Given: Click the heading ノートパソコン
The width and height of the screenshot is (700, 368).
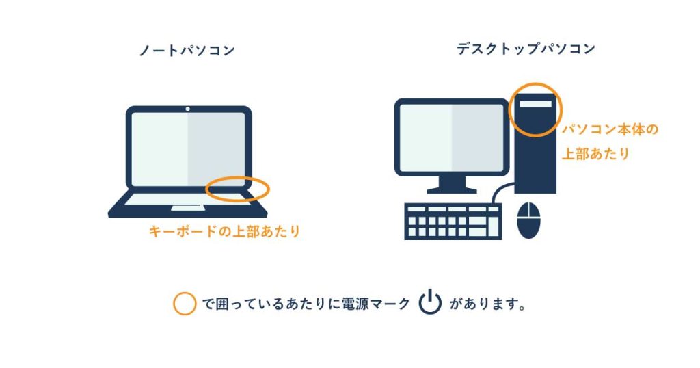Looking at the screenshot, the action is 187,50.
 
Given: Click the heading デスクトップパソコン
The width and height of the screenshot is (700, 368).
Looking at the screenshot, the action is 526,49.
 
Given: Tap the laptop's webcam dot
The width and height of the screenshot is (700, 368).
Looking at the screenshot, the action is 187,109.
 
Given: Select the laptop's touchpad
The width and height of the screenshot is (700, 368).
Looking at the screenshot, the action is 187,208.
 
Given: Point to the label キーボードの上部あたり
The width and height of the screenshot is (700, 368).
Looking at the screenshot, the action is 224,231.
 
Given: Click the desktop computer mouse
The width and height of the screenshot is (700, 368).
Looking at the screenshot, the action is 528,220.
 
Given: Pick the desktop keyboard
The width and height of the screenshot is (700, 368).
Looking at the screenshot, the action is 453,222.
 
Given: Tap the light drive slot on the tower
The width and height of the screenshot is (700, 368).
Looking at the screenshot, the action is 535,104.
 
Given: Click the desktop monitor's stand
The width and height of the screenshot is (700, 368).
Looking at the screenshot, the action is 452,185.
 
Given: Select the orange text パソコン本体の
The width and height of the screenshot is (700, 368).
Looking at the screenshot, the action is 610,129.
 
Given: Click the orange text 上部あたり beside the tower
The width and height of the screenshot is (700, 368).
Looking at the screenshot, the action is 595,154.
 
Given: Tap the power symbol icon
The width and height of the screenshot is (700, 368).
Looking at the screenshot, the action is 430,302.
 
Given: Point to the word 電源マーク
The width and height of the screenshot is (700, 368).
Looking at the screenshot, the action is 376,304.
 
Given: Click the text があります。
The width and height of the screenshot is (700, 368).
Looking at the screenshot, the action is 487,304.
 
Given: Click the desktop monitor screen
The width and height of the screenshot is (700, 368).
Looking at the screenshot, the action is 452,137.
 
